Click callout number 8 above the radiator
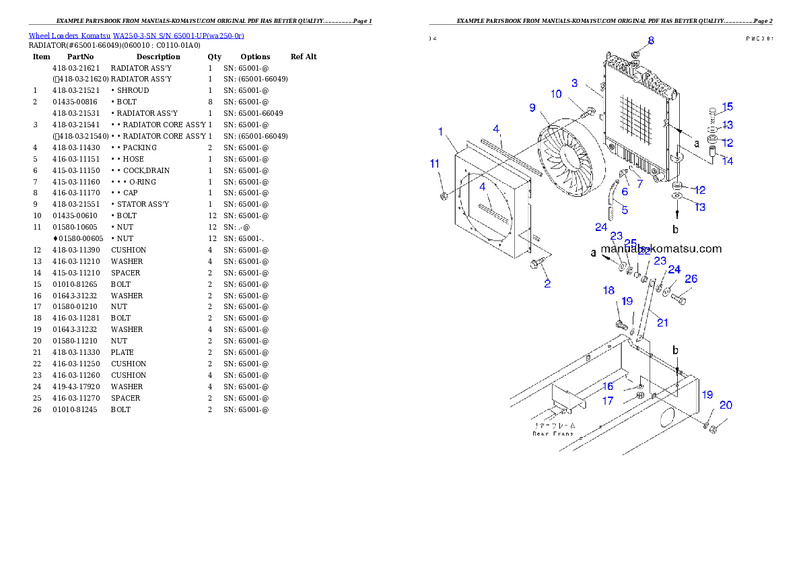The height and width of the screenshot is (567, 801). point(651,40)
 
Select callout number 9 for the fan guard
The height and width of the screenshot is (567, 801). point(532,107)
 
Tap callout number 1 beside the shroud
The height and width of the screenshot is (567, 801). point(441,131)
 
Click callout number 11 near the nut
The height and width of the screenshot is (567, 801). point(435,163)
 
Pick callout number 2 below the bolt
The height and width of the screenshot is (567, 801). point(547,283)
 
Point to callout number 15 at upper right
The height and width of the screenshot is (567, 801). point(728,107)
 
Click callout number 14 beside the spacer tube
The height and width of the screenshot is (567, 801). point(728,161)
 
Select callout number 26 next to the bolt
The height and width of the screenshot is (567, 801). point(691,279)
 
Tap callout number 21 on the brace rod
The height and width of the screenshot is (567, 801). point(662,323)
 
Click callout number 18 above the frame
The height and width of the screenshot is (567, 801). point(608,290)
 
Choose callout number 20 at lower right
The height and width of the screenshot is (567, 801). point(726,405)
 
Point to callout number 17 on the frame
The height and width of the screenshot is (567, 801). point(608,401)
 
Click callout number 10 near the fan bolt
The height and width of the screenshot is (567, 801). point(556,94)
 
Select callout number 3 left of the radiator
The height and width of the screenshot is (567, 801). point(575,83)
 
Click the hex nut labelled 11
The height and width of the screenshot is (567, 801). point(444,196)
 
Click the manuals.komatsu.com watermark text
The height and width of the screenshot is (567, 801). point(661,248)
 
